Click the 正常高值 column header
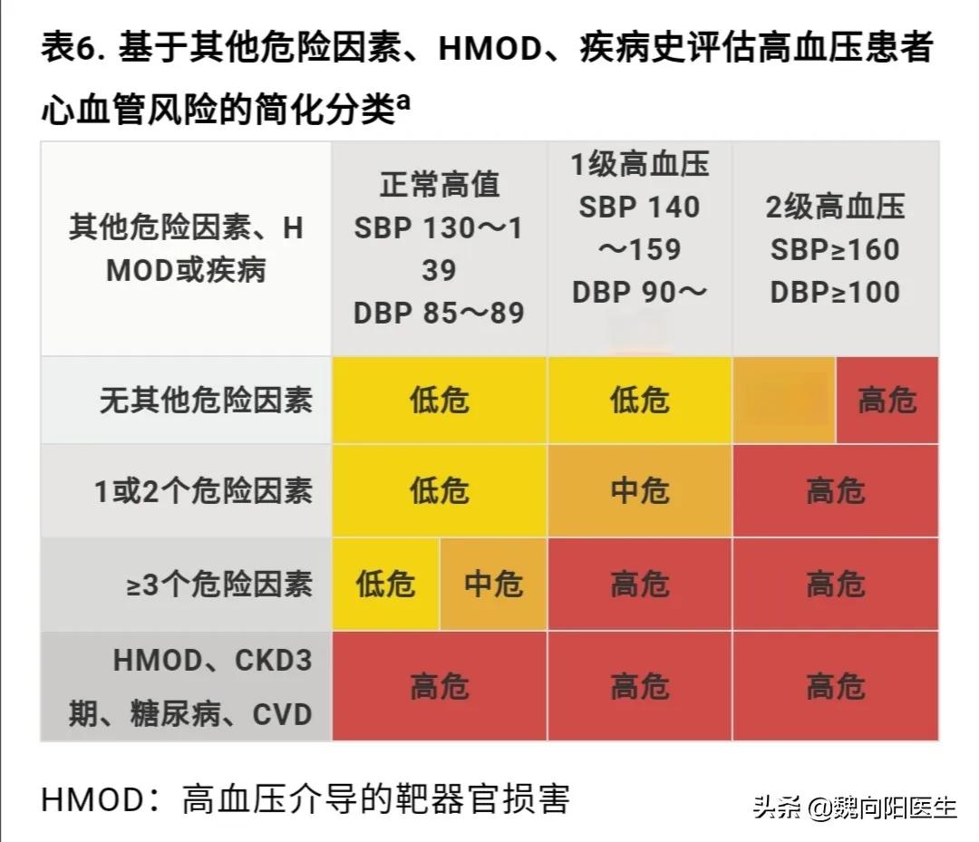pos(439,248)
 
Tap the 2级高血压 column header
pos(835,249)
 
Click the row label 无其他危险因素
pos(206,400)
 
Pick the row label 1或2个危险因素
pos(204,490)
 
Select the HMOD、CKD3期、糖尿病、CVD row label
pos(190,687)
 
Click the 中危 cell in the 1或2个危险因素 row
pos(639,490)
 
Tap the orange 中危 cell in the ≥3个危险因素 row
pos(493,584)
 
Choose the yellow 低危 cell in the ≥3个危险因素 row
pos(385,584)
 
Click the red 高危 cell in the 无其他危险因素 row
pos(887,400)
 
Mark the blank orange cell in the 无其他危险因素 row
pos(784,400)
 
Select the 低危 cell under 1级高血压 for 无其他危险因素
pos(639,400)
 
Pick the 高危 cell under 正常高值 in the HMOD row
pos(439,686)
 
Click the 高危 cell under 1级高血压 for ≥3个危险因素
pos(639,584)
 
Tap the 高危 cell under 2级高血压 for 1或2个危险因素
pos(835,490)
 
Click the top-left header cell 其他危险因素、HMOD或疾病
pos(186,249)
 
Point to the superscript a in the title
pos(403,102)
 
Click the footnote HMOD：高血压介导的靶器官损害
pos(305,798)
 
